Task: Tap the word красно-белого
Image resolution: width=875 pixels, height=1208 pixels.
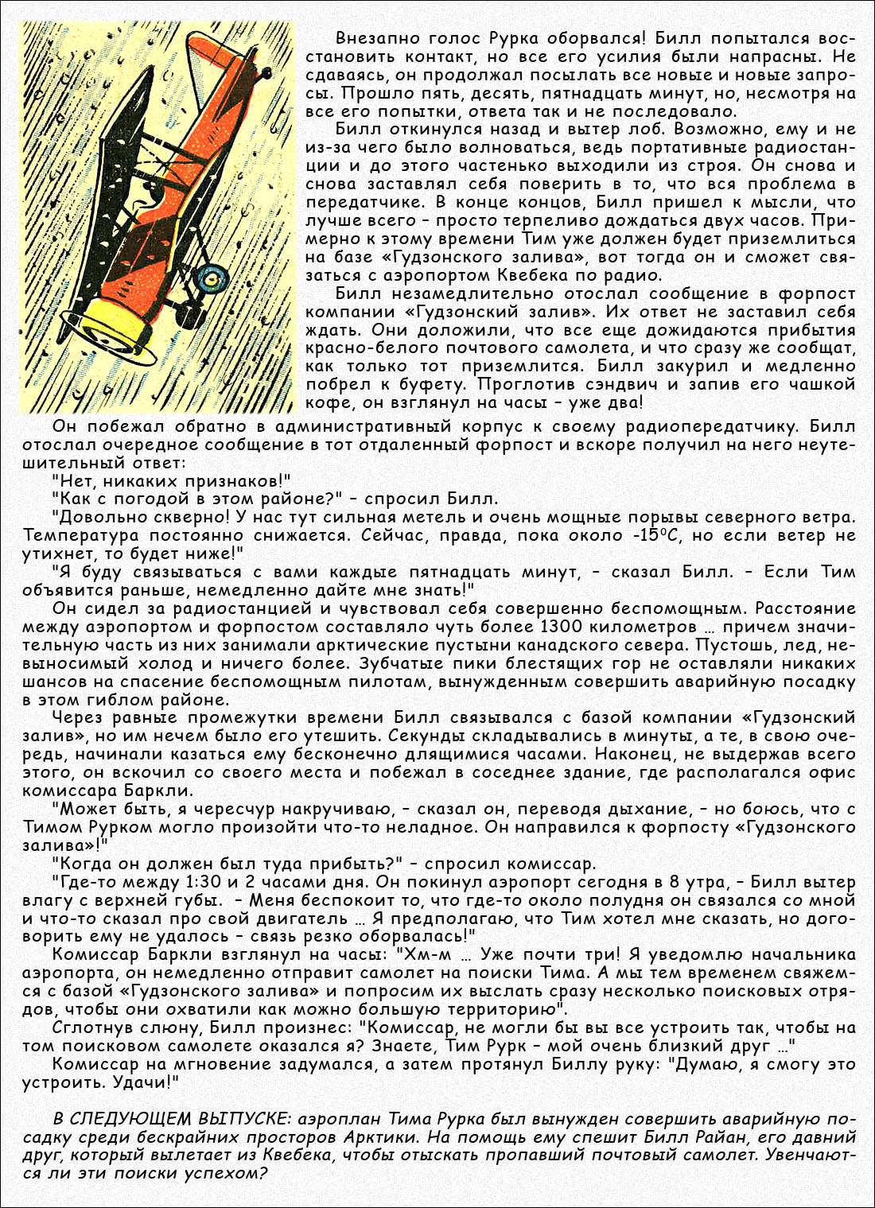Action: pyautogui.click(x=365, y=348)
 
